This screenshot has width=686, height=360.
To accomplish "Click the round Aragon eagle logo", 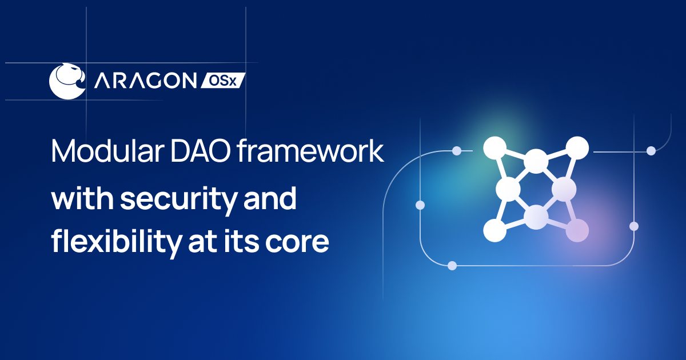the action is point(67,81).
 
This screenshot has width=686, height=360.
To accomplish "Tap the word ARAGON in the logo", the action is point(145,81).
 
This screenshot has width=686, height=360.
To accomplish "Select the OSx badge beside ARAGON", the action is point(223,81).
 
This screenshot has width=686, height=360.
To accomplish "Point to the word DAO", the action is point(200,151).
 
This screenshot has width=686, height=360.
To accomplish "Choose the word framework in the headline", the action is point(310,151).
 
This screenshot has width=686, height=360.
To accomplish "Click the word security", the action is point(179,199).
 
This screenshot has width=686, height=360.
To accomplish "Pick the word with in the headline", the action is point(82,198).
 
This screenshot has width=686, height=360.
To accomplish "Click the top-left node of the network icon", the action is point(494,148).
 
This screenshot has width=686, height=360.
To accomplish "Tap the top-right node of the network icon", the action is point(577,148).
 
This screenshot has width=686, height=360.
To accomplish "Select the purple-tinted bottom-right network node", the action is point(577,230).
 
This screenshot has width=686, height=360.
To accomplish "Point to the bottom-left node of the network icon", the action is point(494,230).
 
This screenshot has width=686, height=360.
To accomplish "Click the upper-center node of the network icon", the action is point(536,161).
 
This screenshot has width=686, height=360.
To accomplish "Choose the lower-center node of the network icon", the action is point(536,217).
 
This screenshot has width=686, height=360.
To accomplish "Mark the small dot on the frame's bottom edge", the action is point(452,266).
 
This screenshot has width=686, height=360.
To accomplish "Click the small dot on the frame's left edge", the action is point(420,205).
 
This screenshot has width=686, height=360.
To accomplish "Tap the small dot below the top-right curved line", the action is point(651,151).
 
